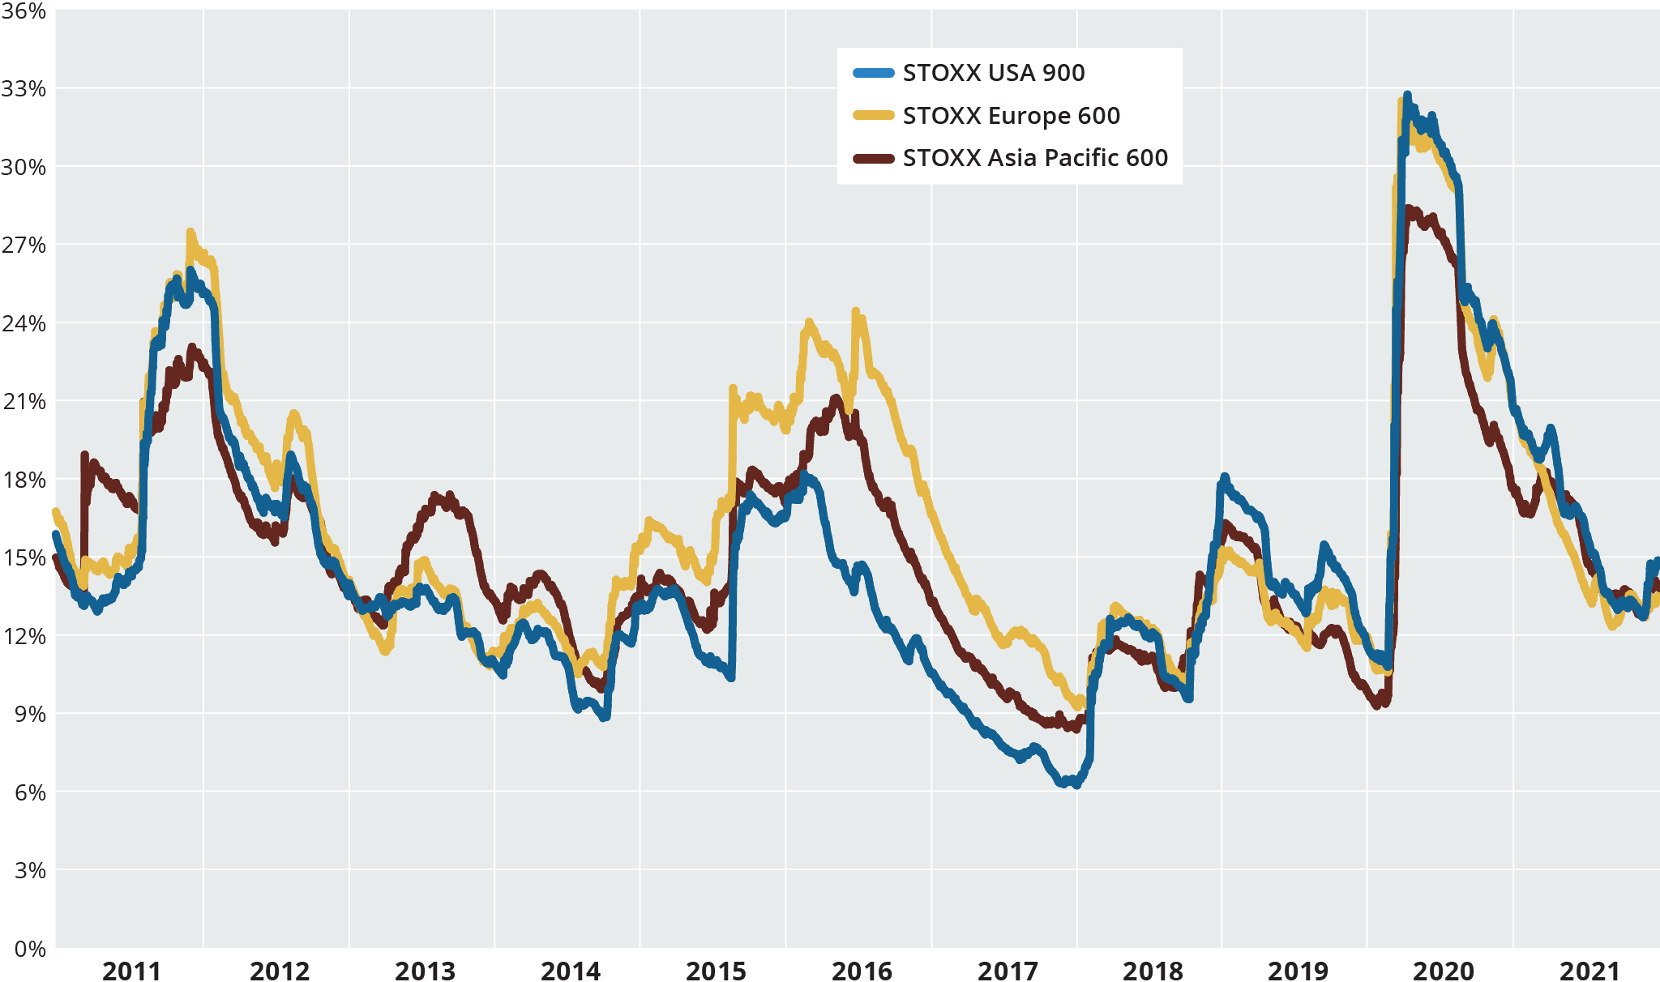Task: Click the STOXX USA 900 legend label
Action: click(993, 73)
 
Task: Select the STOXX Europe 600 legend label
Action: click(1011, 116)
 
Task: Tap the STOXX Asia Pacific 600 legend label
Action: click(1035, 158)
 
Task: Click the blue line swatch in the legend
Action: click(874, 73)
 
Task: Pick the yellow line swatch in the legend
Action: click(874, 116)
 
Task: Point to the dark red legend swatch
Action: click(874, 158)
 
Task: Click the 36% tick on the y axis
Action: click(24, 11)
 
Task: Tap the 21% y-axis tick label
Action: click(24, 402)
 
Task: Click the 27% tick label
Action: click(24, 245)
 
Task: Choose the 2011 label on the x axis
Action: click(131, 970)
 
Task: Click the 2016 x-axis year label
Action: click(861, 970)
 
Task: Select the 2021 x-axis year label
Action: click(1589, 970)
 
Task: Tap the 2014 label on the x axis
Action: click(570, 970)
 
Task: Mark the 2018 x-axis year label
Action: click(1153, 970)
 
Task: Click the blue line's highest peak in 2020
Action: click(1407, 96)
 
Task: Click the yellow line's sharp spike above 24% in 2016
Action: click(855, 311)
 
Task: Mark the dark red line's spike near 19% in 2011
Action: click(84, 455)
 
